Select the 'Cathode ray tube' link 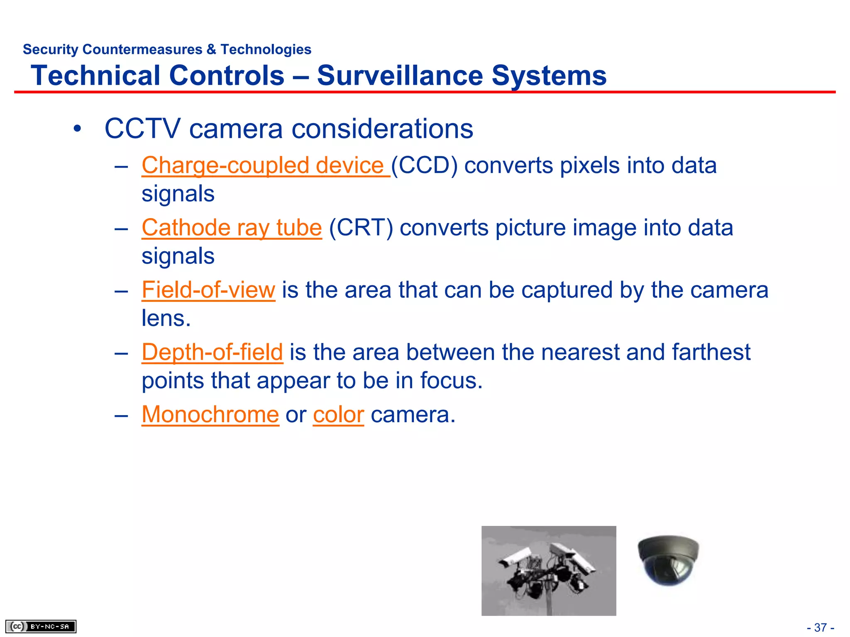click(x=232, y=228)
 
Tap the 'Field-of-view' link click(x=208, y=290)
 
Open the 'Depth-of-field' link click(x=212, y=353)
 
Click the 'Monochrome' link click(x=210, y=415)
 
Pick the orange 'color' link click(x=338, y=415)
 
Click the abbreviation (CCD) click(x=424, y=166)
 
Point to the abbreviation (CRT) click(x=361, y=228)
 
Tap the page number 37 click(x=821, y=627)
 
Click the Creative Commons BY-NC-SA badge click(x=41, y=626)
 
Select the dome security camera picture click(x=668, y=560)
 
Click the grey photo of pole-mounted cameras click(x=549, y=571)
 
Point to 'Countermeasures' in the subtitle click(x=142, y=49)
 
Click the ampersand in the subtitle click(x=211, y=49)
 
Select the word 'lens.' click(x=166, y=318)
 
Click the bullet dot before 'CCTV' click(x=77, y=129)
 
